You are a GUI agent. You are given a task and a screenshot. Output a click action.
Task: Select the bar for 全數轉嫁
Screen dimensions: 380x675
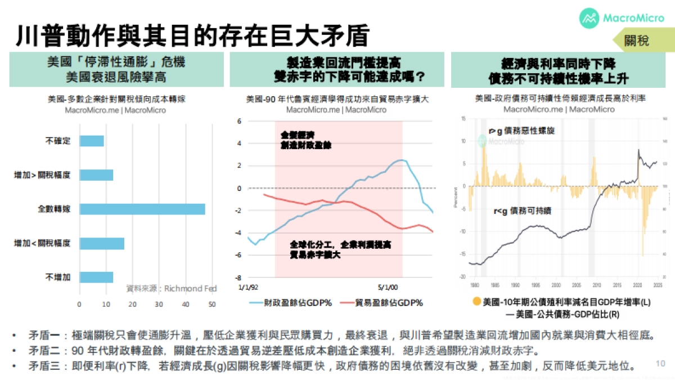[x=142, y=209]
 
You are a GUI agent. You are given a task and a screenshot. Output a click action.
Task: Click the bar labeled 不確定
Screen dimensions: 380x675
[x=92, y=141]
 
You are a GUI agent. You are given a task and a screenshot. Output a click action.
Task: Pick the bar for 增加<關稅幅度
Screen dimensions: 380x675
[x=102, y=243]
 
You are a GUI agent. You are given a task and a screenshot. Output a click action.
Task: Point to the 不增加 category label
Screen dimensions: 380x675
[x=57, y=277]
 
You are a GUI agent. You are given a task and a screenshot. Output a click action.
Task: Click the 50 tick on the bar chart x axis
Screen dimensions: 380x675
[x=212, y=305]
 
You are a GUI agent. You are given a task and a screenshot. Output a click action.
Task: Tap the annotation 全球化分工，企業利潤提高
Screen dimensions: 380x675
[x=341, y=245]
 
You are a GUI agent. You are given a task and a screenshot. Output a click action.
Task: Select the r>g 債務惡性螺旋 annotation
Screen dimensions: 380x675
[x=521, y=131]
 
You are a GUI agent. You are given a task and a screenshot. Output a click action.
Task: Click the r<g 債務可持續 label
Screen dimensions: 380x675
[x=522, y=212]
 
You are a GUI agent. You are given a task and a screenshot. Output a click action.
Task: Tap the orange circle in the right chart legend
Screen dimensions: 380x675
[x=477, y=302]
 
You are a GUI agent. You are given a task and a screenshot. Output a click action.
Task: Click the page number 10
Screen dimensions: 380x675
[x=661, y=363]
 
